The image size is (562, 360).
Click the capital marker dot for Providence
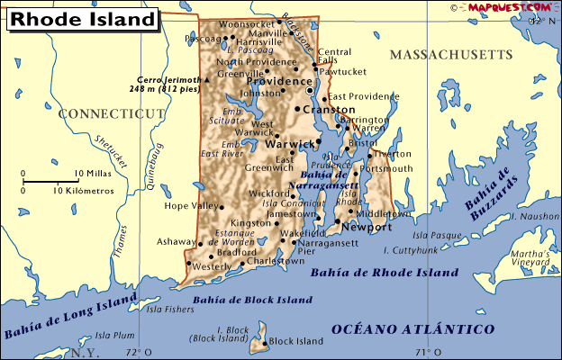311,91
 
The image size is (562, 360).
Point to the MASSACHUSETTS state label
450,55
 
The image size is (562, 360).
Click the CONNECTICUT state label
112,113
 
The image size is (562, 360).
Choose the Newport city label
367,228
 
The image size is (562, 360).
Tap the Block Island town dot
265,342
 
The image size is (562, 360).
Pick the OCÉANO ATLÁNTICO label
413,329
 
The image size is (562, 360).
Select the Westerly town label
213,267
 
